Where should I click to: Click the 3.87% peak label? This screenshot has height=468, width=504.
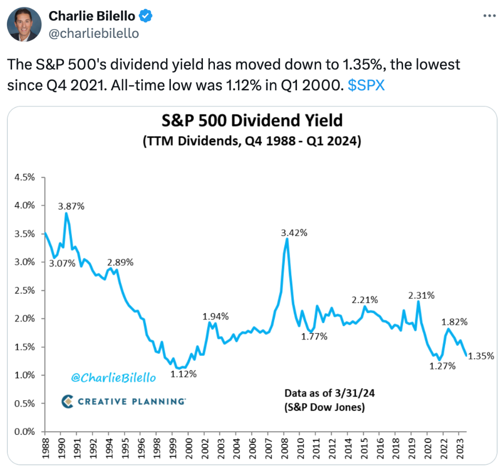71,206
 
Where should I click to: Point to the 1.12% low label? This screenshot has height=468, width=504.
183,374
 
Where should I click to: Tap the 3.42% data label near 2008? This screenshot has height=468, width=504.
294,232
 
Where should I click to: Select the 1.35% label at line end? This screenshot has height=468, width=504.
480,356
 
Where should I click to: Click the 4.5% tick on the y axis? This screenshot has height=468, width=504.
24,178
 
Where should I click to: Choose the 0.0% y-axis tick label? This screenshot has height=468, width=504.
24,432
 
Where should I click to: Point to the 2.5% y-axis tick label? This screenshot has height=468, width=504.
24,290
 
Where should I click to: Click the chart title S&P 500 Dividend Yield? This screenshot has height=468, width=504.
252,121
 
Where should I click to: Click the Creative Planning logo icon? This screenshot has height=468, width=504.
68,402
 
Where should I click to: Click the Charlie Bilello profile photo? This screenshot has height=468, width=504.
24,24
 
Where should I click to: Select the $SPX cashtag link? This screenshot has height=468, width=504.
366,85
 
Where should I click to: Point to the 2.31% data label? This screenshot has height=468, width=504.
421,295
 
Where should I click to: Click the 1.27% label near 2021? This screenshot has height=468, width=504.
443,366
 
